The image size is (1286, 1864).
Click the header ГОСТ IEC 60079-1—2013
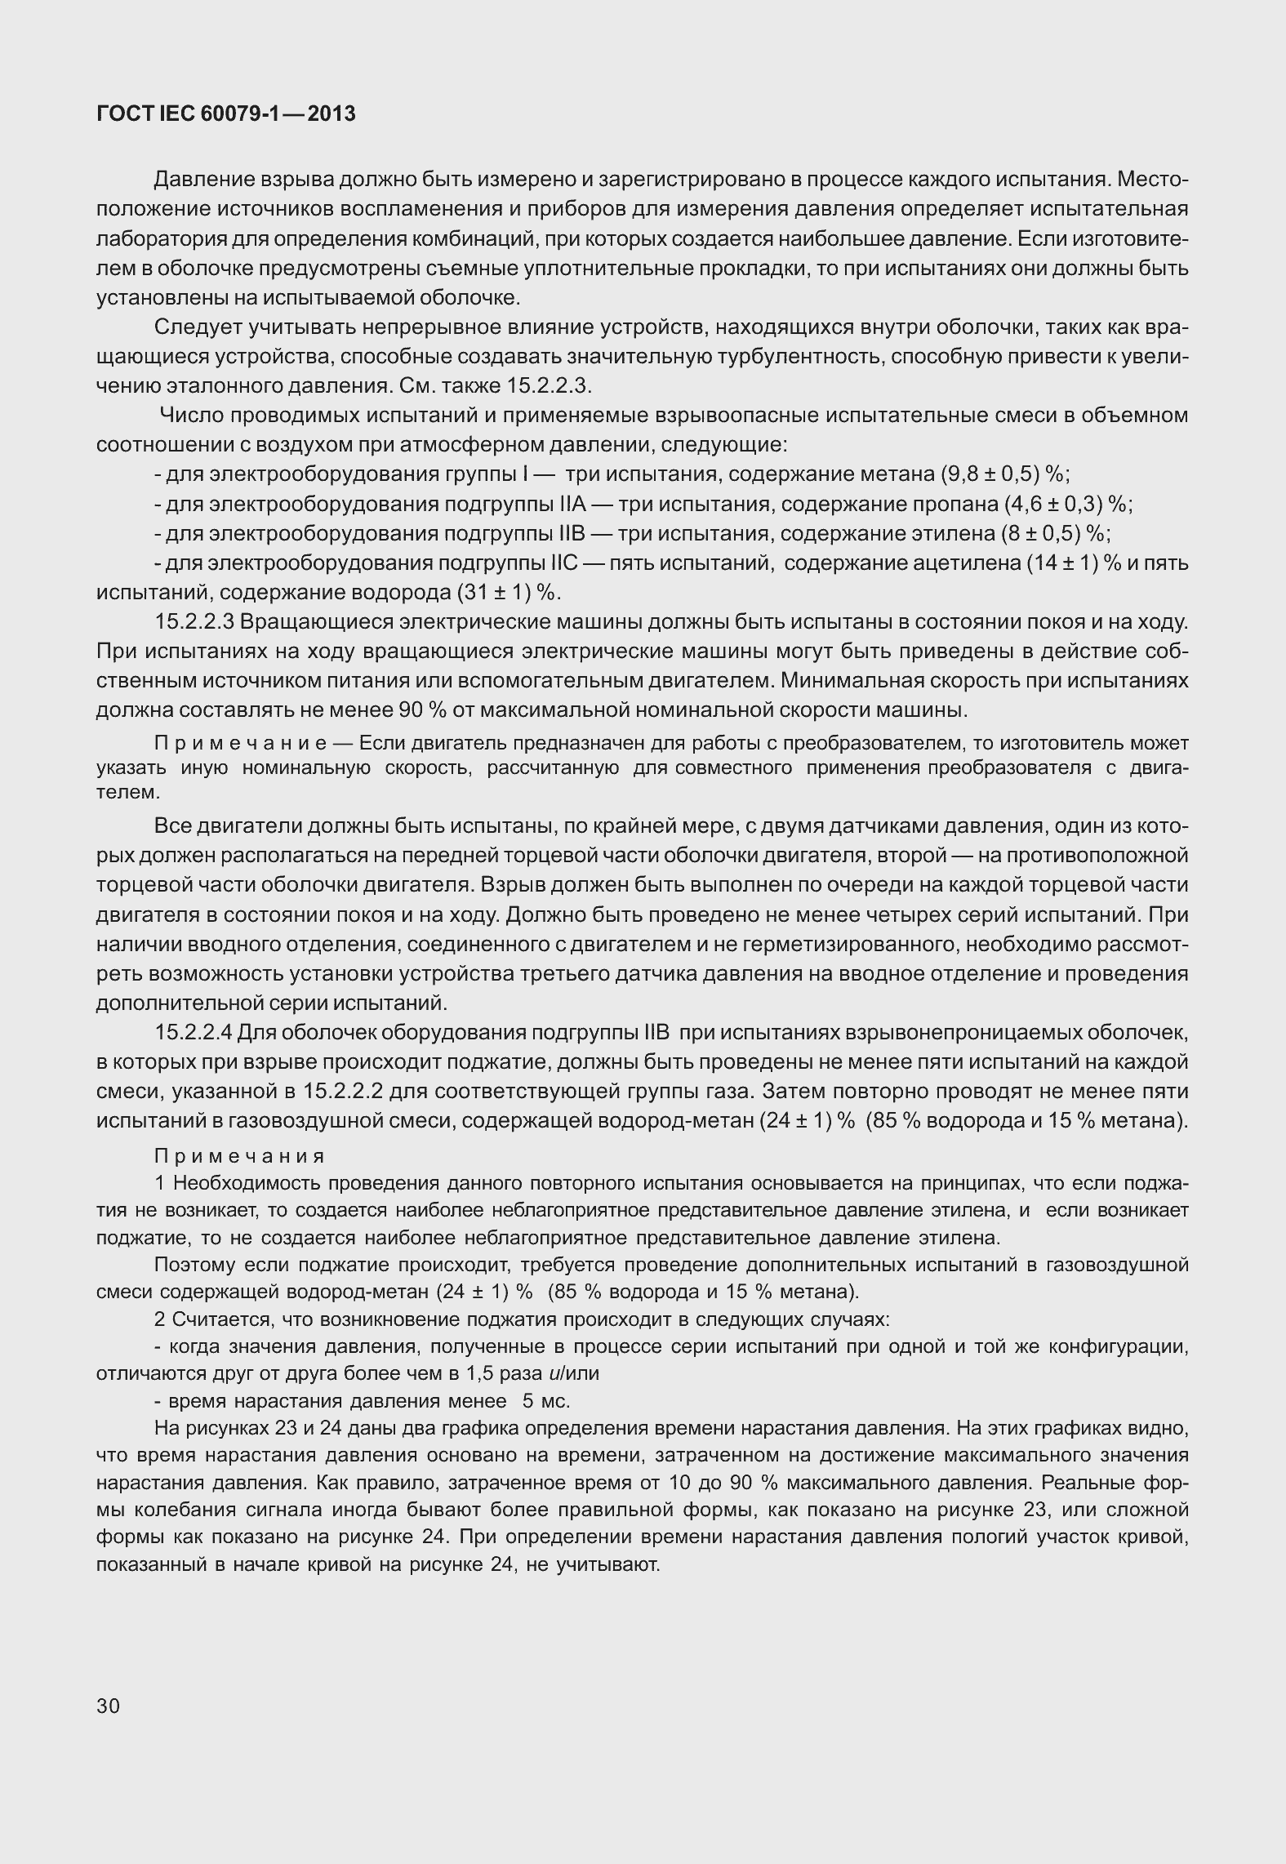click(225, 114)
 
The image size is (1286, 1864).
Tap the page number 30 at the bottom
click(108, 1706)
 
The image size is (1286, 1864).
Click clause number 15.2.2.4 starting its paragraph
click(194, 1033)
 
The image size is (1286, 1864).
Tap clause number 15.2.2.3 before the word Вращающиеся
click(194, 622)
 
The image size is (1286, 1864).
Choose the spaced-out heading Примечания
click(239, 1156)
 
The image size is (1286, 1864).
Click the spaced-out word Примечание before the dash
click(241, 743)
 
